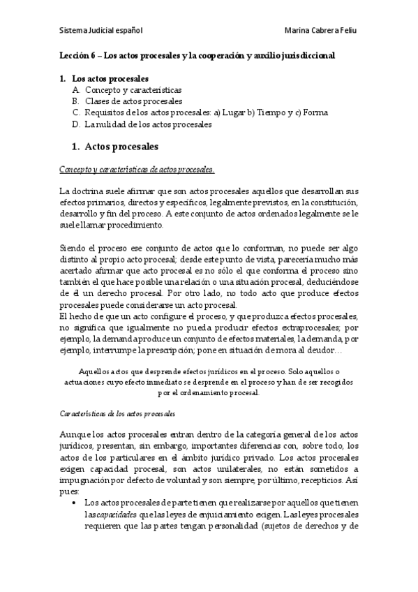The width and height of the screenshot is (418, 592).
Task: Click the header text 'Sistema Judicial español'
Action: [100, 31]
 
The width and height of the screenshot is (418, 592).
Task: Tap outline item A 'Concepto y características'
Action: [133, 90]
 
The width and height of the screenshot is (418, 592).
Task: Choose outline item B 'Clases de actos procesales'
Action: [133, 101]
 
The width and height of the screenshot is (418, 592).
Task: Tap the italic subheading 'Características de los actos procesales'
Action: [117, 414]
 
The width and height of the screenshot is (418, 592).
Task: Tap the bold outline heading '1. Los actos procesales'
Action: [104, 79]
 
